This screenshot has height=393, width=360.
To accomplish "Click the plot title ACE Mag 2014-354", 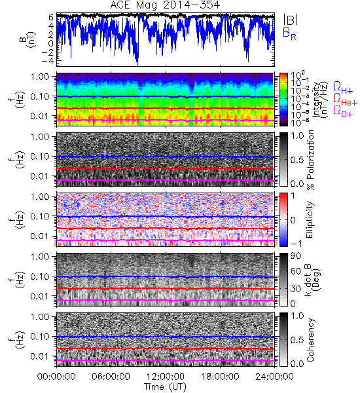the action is tap(165, 5).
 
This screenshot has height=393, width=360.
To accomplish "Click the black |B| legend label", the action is tap(291, 19).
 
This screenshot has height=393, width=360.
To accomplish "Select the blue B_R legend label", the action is tap(289, 33).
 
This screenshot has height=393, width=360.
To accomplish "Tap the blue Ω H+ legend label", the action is tap(343, 88).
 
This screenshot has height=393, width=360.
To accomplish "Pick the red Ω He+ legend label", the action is tap(345, 100).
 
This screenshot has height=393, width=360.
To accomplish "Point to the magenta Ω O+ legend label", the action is tap(343, 111).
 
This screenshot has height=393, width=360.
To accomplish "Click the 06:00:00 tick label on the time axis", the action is tap(111, 377).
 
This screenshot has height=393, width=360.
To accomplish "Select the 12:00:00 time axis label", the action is tap(166, 377).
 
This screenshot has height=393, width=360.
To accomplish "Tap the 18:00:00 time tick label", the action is tap(220, 377).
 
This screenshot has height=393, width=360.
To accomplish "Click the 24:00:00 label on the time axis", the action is tap(274, 377).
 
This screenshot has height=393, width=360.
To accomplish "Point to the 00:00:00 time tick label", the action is tap(56, 377).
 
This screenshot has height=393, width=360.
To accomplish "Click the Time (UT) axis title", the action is tap(165, 386).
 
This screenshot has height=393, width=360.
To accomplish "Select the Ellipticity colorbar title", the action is tap(310, 219).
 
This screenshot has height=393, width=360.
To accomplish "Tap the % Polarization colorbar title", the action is tap(310, 160).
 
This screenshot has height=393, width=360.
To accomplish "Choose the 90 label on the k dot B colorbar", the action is tap(296, 256).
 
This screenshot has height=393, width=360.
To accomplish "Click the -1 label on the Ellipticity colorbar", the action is tap(296, 244).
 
